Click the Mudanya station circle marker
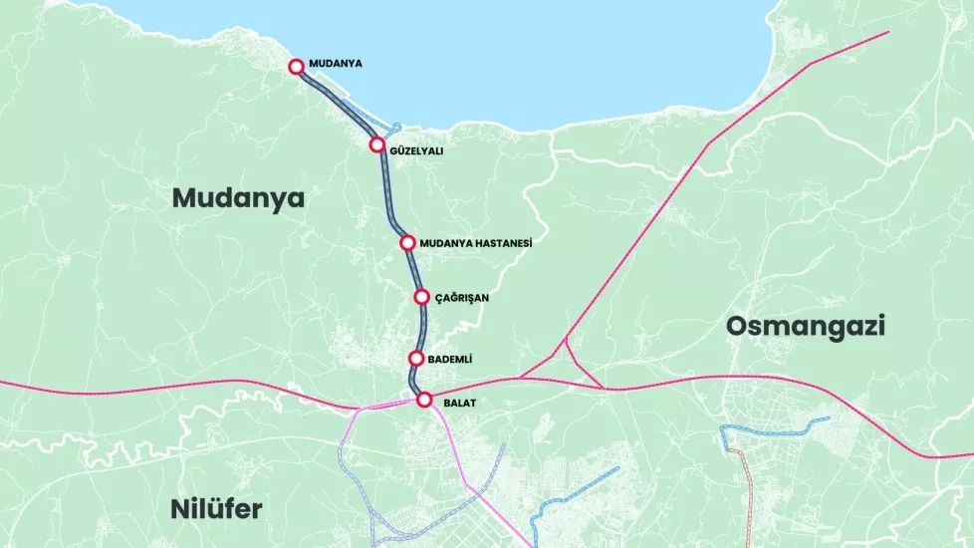(x=296, y=67)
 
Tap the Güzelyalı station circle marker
(x=377, y=145)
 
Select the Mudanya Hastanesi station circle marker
(x=407, y=243)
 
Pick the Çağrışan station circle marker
(x=421, y=297)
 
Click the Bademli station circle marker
(x=416, y=359)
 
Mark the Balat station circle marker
(x=424, y=401)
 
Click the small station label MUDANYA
(x=336, y=63)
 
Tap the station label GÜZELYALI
(x=418, y=151)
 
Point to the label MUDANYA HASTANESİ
(x=476, y=243)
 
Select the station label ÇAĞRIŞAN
(x=462, y=297)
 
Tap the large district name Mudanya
(x=237, y=198)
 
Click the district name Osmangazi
(x=806, y=326)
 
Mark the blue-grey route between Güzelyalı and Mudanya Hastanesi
(x=387, y=194)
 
